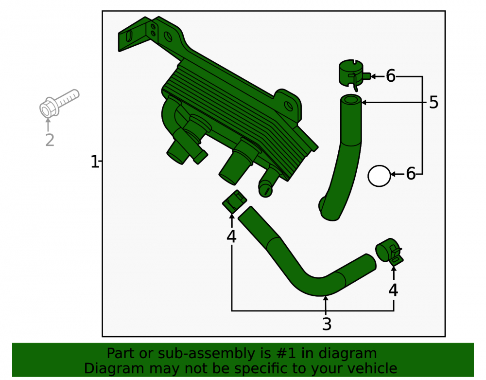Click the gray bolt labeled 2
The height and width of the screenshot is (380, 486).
click(59, 104)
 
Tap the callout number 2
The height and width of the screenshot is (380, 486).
click(50, 140)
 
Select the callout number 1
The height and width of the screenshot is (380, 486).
click(95, 162)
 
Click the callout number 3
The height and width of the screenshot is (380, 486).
click(327, 324)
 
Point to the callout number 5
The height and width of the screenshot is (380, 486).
click(434, 102)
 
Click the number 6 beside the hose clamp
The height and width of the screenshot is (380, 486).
click(391, 76)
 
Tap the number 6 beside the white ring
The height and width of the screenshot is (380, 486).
click(411, 174)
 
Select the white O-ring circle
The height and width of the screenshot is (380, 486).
click(379, 176)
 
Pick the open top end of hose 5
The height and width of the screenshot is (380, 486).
click(351, 100)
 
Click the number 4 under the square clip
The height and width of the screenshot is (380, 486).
click(231, 236)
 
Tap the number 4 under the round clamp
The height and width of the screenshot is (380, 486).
click(393, 290)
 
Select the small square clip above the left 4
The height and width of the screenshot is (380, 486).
click(235, 201)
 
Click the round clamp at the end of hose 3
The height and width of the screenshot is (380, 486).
click(389, 252)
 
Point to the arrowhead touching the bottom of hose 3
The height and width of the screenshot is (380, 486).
click(326, 299)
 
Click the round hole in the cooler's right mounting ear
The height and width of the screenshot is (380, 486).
click(288, 107)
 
